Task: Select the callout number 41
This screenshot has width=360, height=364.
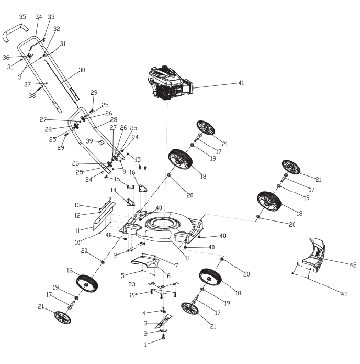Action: tap(241, 83)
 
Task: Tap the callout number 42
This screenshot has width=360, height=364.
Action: tap(353, 266)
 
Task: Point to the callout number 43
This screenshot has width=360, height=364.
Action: tap(344, 294)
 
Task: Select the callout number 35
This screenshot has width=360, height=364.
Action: tap(22, 17)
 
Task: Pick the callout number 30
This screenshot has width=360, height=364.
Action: tap(82, 70)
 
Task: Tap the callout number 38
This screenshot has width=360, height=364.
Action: tap(32, 96)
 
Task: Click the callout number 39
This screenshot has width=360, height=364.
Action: tap(89, 141)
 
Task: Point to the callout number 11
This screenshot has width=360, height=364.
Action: tap(77, 230)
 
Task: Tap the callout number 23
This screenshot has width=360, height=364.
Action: tap(132, 284)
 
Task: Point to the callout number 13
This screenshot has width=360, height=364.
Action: tap(77, 205)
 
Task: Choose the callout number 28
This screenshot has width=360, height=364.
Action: tap(114, 120)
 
